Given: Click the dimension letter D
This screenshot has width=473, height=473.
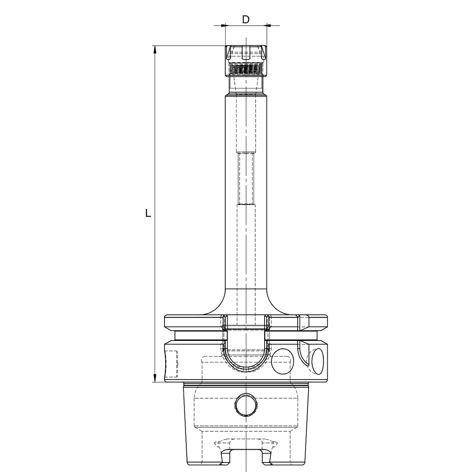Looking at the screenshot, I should pos(245,19).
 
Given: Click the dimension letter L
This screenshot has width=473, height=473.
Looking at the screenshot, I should pos(148,213).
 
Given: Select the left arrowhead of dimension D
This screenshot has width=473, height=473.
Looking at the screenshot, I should pos(223,26).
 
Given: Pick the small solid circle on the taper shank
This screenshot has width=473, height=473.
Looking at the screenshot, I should pos(246,406).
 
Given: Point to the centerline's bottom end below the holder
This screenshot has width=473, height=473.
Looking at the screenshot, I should pos(246,469).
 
